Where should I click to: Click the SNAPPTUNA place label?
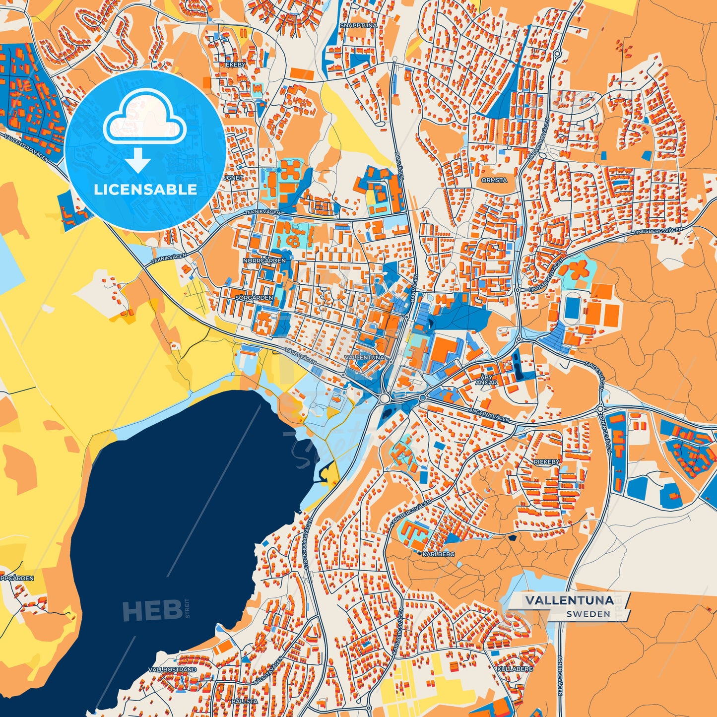pos(358,25)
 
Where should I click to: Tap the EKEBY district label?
pos(235,65)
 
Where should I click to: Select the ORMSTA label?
pos(494,180)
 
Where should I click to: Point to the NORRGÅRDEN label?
pos(264,260)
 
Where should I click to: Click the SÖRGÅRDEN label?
pos(254,298)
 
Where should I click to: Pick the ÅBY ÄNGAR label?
pos(486,380)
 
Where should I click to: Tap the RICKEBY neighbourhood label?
pos(546,461)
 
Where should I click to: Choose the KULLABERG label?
pos(515,669)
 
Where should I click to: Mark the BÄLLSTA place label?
pos(244,701)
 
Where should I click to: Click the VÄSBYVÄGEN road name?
pos(300,355)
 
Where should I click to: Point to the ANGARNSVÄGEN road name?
pos(490,411)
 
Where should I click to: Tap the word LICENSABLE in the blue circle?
pos(145,189)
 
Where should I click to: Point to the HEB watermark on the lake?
pos(151,610)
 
